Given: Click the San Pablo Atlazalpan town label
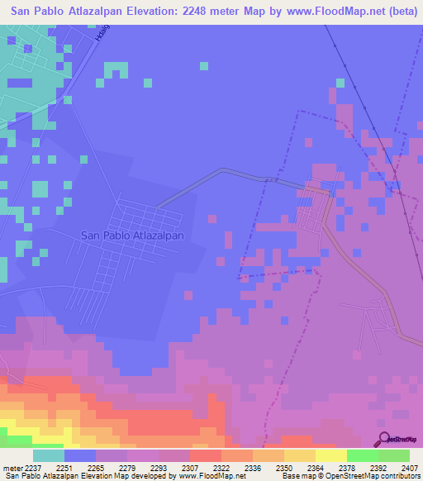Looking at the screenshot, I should [x=132, y=235].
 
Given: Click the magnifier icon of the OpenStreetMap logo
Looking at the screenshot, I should [x=384, y=439].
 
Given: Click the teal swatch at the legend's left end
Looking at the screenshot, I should [x=49, y=455].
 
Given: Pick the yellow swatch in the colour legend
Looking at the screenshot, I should [x=330, y=455].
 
